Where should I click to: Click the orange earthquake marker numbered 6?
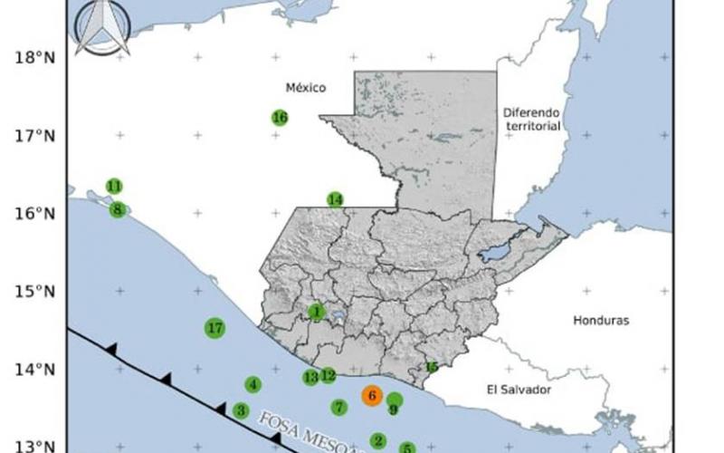(x=372, y=395)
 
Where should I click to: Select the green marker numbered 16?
(x=280, y=118)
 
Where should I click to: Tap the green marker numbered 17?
(x=214, y=328)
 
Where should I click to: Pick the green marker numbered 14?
(x=336, y=199)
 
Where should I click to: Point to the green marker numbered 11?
(x=114, y=186)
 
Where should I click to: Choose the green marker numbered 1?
(x=316, y=312)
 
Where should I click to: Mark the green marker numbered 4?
(x=253, y=384)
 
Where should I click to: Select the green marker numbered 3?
(x=241, y=410)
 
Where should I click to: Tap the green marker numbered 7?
(x=338, y=407)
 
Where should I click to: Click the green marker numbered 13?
(x=310, y=377)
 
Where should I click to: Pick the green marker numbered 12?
(x=328, y=375)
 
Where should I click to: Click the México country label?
(x=305, y=88)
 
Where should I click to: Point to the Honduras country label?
(x=600, y=321)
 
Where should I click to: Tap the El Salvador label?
(x=519, y=390)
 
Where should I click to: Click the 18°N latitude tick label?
(x=33, y=58)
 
